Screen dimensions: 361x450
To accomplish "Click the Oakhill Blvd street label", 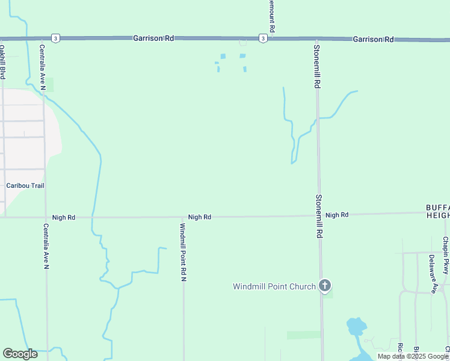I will (3, 62).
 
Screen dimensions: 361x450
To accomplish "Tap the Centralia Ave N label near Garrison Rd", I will (43, 67).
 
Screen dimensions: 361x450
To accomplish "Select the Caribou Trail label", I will (25, 186).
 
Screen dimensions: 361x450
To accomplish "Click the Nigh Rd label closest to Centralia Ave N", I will (63, 217).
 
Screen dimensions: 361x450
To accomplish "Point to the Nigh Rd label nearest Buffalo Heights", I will (337, 215).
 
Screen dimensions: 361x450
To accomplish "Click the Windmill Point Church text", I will (274, 286).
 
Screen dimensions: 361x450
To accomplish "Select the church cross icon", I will (325, 285).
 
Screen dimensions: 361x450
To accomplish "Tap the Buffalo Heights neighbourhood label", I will (437, 211).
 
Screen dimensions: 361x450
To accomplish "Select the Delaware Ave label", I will (432, 274).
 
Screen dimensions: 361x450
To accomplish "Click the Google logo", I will (20, 354).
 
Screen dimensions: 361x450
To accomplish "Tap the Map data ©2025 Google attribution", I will (413, 356).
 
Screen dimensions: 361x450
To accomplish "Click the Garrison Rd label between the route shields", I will (153, 38).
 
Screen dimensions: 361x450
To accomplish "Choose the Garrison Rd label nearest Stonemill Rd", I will (373, 39).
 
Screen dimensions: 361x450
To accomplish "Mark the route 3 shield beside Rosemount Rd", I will (263, 39).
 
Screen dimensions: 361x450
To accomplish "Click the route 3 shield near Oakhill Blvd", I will (55, 38).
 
